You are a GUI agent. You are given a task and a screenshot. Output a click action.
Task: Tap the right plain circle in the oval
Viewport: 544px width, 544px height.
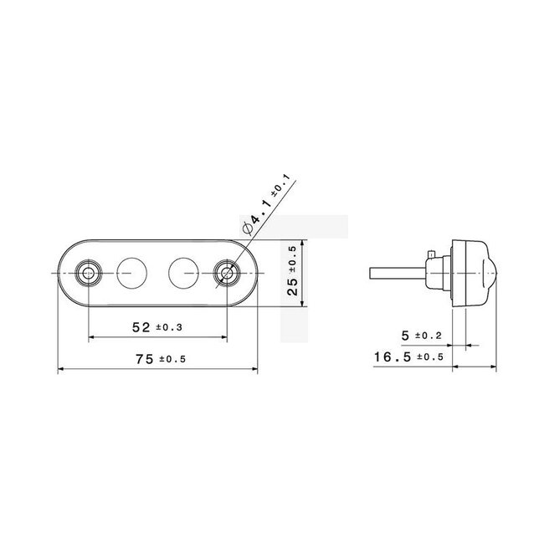pos(183,271)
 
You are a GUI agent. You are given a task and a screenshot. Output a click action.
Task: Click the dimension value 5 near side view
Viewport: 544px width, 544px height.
pos(406,336)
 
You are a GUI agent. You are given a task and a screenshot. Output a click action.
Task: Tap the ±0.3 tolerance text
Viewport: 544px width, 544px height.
pos(170,328)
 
